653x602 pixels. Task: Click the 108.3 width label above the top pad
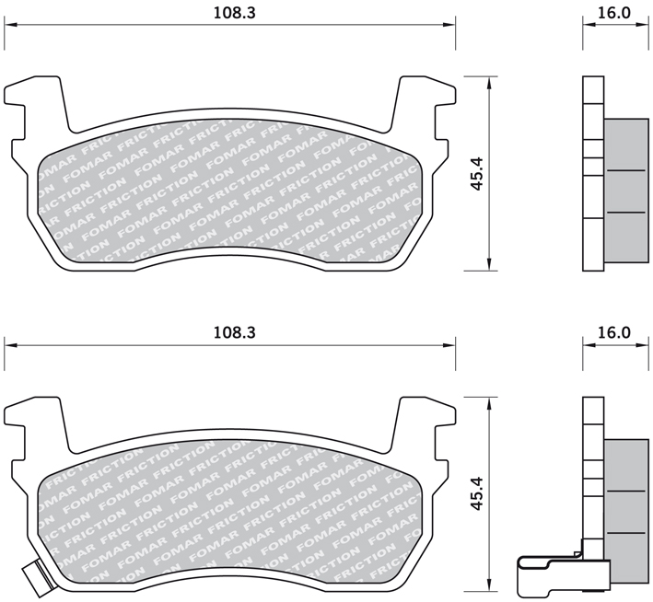[234, 13]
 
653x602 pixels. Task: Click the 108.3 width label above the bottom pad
[234, 332]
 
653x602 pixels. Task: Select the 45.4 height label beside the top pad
[476, 174]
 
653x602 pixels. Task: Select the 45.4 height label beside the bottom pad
[476, 493]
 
